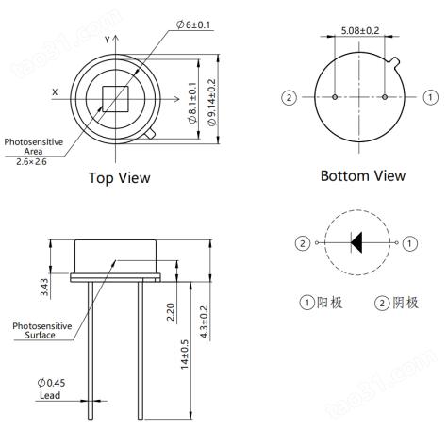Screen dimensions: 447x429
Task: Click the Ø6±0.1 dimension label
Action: (193, 25)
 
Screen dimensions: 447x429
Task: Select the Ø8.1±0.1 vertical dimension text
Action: (192, 103)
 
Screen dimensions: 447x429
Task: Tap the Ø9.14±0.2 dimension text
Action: (212, 103)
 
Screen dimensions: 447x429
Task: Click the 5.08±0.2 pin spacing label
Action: (360, 30)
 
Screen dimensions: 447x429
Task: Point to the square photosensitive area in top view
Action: (115, 99)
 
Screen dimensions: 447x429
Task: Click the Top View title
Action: (120, 178)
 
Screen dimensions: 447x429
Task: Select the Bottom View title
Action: (363, 175)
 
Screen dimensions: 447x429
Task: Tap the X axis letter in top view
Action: (55, 92)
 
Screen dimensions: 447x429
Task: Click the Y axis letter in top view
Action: (108, 40)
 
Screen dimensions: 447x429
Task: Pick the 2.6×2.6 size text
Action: (31, 162)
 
